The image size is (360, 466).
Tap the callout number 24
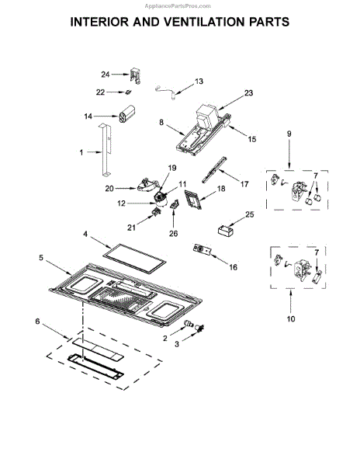pos(106,75)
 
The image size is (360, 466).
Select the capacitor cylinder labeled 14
pos(126,113)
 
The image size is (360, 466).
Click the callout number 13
pos(199,81)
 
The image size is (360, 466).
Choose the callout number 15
pos(251,139)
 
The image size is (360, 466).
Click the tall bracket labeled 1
pos(106,151)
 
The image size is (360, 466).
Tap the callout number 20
pos(109,189)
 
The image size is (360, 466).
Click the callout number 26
pos(173,234)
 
